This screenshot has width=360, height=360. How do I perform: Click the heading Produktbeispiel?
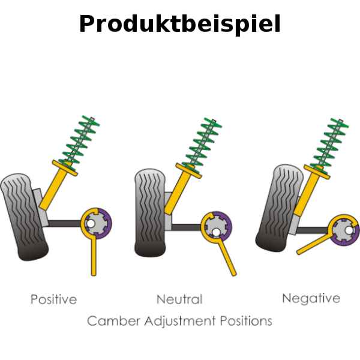(x=179, y=24)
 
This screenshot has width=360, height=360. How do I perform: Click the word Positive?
(x=54, y=299)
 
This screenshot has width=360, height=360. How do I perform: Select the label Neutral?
(x=179, y=299)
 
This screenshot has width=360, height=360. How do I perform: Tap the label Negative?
(x=311, y=298)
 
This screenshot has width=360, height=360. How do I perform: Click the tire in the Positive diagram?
(x=23, y=216)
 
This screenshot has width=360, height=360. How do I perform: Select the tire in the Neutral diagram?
(x=150, y=213)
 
